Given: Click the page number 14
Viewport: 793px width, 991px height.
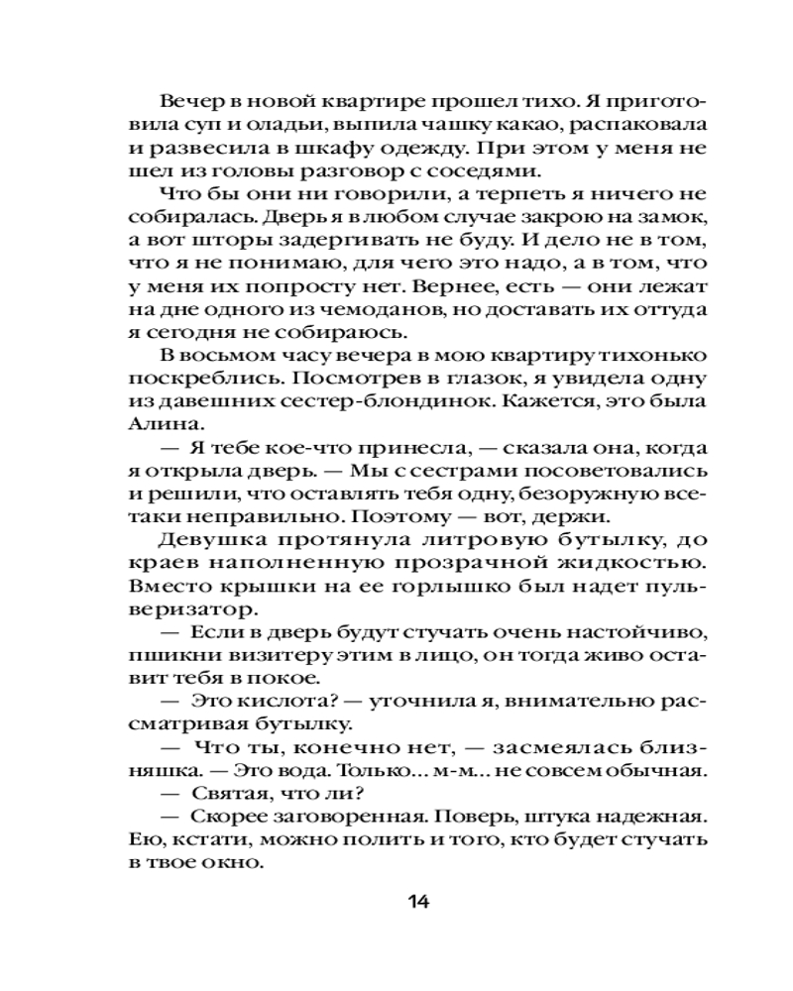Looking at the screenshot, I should point(417,902).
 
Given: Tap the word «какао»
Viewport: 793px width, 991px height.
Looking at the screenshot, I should point(516,126).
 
